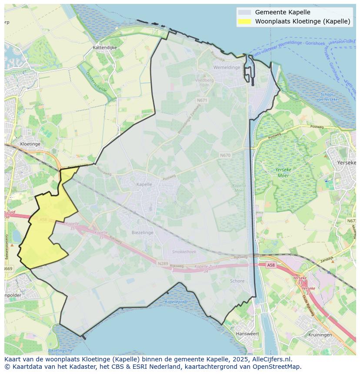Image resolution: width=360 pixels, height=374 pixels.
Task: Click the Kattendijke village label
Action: click(x=105, y=47)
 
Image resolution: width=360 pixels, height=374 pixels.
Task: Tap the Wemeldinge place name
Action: click(x=227, y=67)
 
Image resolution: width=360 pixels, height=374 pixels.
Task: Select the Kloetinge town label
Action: click(x=30, y=144)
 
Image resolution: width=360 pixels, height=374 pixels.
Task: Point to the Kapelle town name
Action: click(x=144, y=184)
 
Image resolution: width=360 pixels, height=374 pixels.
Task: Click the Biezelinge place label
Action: click(x=143, y=233)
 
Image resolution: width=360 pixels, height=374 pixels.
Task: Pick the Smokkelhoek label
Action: click(x=184, y=252)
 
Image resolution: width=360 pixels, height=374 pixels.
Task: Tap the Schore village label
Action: click(x=237, y=281)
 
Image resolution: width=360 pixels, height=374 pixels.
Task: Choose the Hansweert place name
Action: click(x=247, y=334)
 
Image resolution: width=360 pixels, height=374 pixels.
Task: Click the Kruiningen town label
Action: click(x=320, y=335)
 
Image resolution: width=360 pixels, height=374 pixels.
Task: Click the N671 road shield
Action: click(x=202, y=100)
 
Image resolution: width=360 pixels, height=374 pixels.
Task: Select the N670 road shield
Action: click(x=225, y=155)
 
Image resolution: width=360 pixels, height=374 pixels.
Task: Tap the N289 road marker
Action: click(x=163, y=263)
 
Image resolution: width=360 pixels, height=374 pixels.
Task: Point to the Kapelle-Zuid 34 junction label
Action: click(x=206, y=268)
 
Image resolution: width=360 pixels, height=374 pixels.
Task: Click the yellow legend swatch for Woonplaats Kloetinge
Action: click(x=244, y=21)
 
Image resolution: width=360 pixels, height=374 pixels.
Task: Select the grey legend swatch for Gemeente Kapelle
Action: click(x=244, y=12)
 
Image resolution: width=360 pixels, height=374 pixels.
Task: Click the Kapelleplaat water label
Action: click(x=177, y=301)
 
